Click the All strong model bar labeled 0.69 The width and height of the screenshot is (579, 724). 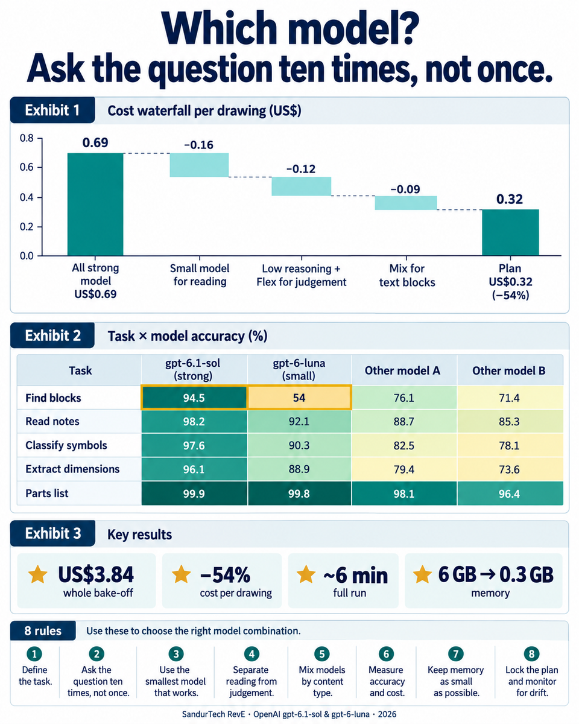point(95,204)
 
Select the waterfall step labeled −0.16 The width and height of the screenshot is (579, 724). point(199,165)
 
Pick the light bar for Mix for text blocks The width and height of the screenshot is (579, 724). point(406,203)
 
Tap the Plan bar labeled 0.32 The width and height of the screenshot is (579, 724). point(510,232)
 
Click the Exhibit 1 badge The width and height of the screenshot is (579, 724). point(52,110)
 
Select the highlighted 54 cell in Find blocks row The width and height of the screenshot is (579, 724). point(299,398)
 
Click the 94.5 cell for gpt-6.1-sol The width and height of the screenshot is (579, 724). point(194,398)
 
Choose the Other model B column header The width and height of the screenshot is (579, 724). point(508,370)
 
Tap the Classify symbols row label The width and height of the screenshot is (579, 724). point(66,445)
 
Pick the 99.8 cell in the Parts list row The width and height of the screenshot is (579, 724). point(299,494)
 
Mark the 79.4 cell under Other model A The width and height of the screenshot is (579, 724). point(403,469)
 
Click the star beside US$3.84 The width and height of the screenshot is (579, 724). point(37,574)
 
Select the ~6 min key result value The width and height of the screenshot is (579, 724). point(355,576)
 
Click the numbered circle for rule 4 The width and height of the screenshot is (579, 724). point(252,654)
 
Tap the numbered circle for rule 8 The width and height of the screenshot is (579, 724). point(531,654)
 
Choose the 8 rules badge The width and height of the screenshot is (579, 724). point(43,631)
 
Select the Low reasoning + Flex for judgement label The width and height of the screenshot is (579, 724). point(302,275)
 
